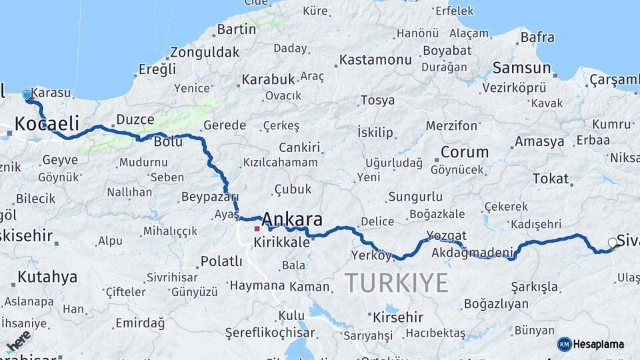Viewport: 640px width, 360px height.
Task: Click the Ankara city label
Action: (x=292, y=219)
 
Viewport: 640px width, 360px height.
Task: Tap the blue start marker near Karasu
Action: (x=27, y=95)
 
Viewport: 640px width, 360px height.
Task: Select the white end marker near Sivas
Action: (x=613, y=243)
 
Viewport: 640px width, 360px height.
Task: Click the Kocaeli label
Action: (x=47, y=123)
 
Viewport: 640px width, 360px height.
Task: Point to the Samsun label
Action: (x=521, y=68)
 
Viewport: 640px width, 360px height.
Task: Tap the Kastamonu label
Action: (x=375, y=60)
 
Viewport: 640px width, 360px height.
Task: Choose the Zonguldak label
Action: (x=205, y=52)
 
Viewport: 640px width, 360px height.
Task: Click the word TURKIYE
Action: (x=397, y=283)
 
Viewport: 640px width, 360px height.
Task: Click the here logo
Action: (x=19, y=341)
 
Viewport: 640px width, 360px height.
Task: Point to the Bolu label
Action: (x=168, y=142)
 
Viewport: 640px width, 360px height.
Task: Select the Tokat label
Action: (x=551, y=179)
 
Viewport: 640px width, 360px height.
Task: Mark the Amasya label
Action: (x=539, y=141)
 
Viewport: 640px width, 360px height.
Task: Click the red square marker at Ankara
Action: (x=257, y=229)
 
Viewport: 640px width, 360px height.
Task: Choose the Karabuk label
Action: (x=268, y=79)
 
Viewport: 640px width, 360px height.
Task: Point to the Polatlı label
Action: (x=221, y=261)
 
